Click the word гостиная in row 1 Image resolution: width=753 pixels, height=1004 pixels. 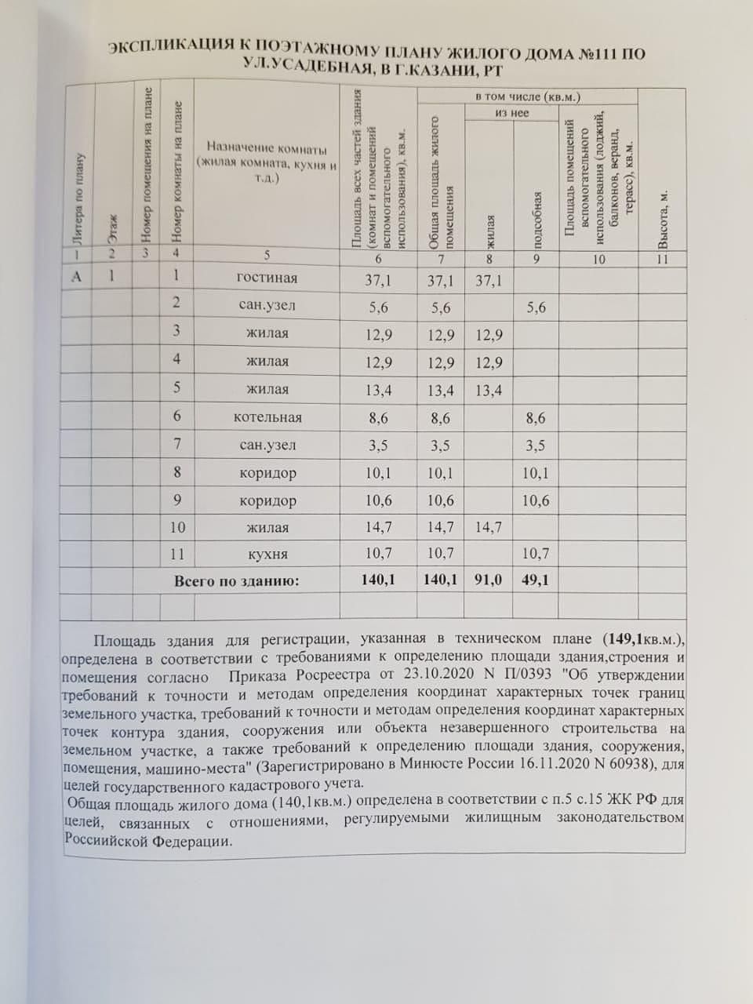coord(267,278)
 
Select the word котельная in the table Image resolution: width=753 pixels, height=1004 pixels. coord(267,418)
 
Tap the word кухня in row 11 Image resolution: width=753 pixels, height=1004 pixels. coord(267,554)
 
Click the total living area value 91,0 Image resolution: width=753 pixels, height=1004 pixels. coord(488,580)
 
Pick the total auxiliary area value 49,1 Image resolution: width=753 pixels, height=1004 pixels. coord(536,580)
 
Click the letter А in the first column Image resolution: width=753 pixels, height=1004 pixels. coord(76,276)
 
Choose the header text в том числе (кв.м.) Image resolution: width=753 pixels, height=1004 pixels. coord(528,96)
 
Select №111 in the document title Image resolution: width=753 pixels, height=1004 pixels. coord(599,54)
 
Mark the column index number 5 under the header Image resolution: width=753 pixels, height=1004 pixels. coord(267,254)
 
